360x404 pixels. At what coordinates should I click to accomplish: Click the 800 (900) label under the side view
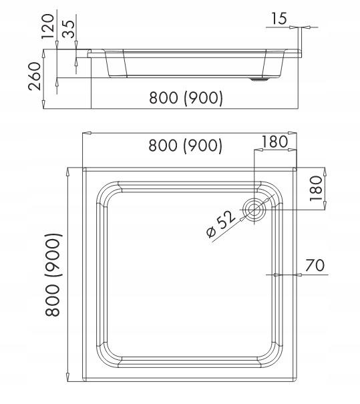[185, 98]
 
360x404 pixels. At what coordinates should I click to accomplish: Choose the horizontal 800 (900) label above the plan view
[185, 145]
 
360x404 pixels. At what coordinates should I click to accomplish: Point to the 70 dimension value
[315, 265]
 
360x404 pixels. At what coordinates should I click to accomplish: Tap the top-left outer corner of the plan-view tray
[82, 168]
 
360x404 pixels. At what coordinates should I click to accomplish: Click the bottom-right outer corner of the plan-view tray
[296, 382]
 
